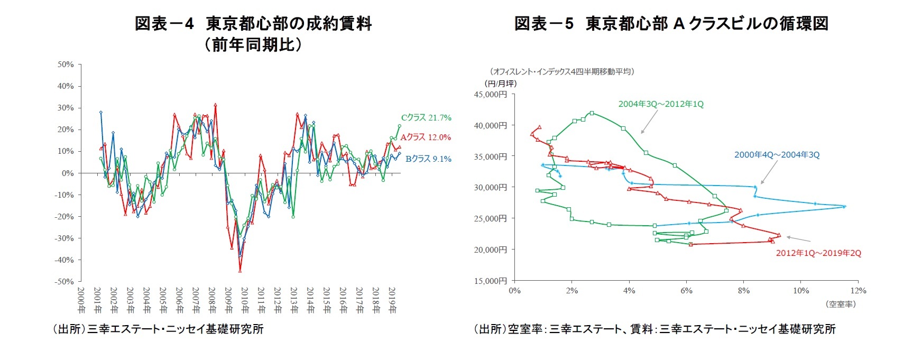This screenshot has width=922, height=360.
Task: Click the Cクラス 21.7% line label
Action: click(426, 118)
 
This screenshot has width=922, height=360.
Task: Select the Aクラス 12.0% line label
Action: click(426, 137)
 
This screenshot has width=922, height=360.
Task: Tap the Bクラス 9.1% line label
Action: click(428, 159)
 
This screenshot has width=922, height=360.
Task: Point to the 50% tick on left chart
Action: click(66, 64)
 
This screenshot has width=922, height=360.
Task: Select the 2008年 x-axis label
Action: click(211, 300)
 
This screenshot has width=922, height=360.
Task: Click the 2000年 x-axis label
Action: click(80, 300)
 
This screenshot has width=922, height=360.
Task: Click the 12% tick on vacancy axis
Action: click(859, 291)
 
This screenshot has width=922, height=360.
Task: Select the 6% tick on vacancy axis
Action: click(686, 291)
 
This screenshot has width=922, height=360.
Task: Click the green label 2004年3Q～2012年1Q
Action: click(661, 104)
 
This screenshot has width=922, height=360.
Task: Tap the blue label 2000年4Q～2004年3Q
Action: click(777, 155)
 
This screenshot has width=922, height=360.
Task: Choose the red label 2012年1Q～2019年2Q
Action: click(818, 253)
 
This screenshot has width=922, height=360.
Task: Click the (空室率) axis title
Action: click(840, 304)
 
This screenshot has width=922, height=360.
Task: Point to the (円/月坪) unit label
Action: click(500, 84)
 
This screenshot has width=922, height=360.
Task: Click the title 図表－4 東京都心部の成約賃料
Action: click(253, 24)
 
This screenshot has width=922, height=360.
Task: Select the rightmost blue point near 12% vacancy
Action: click(844, 207)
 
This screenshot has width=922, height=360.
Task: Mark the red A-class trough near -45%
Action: click(240, 271)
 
